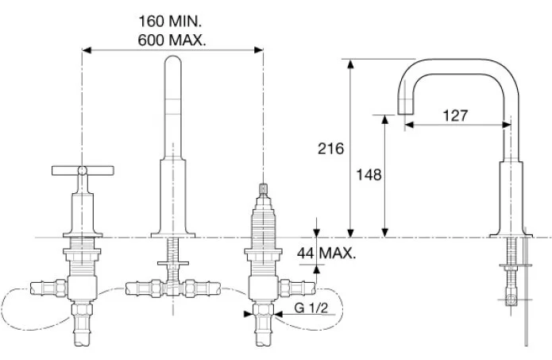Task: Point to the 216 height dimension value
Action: pyautogui.click(x=330, y=148)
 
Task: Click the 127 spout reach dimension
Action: pyautogui.click(x=455, y=115)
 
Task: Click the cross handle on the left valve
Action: pyautogui.click(x=83, y=169)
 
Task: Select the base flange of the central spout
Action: pyautogui.click(x=174, y=233)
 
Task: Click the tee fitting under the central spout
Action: pyautogui.click(x=173, y=284)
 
